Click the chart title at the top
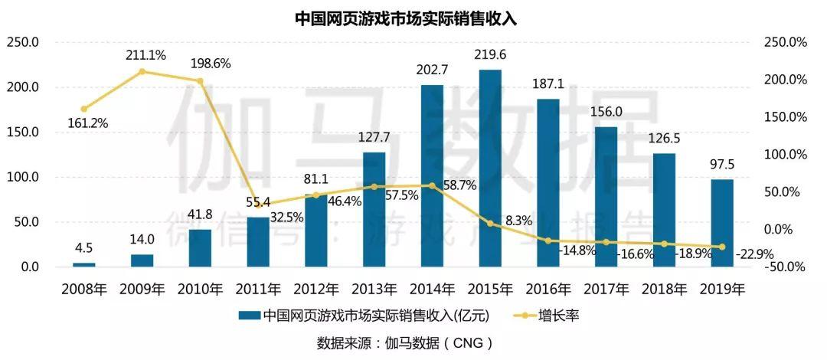pyautogui.click(x=406, y=18)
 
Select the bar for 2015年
pyautogui.click(x=490, y=169)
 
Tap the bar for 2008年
pyautogui.click(x=84, y=264)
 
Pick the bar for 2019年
pyautogui.click(x=722, y=223)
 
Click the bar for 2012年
pyautogui.click(x=315, y=230)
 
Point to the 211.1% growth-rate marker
pyautogui.click(x=142, y=72)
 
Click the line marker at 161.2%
pyautogui.click(x=84, y=110)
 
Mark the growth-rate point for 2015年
pyautogui.click(x=490, y=223)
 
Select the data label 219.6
pyautogui.click(x=490, y=55)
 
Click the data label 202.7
pyautogui.click(x=432, y=70)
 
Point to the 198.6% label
pyautogui.click(x=209, y=64)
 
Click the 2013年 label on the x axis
pyautogui.click(x=374, y=290)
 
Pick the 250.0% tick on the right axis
pyautogui.click(x=786, y=42)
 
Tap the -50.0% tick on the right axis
pyautogui.click(x=786, y=267)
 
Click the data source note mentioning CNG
pyautogui.click(x=405, y=342)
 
